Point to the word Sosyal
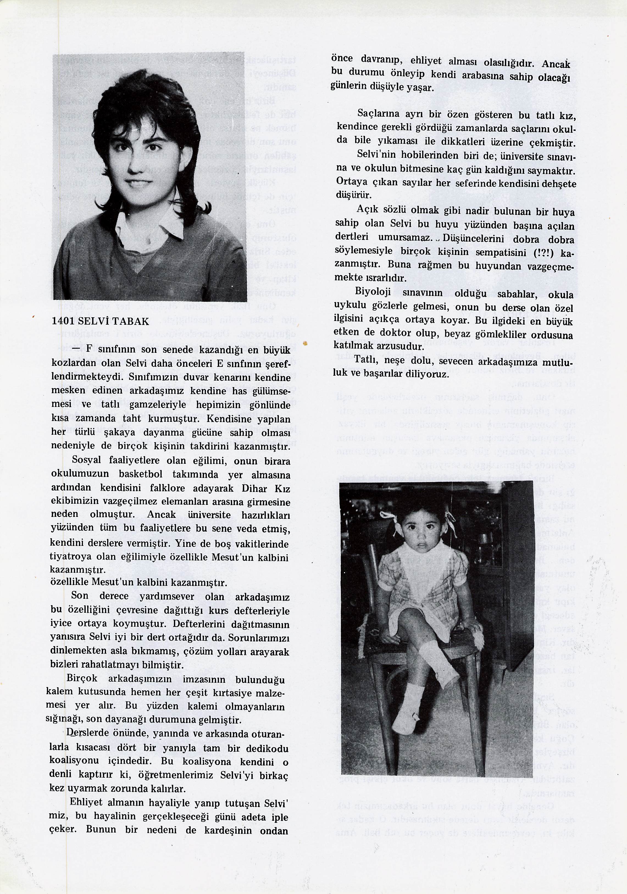[87, 460]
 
